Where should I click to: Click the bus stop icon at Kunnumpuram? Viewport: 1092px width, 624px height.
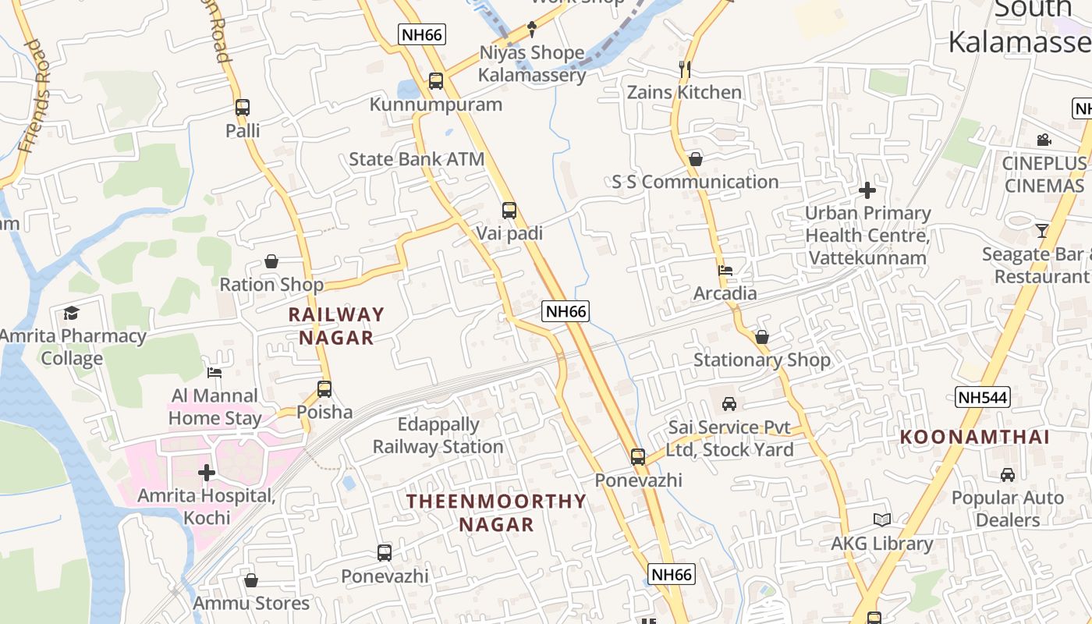pyautogui.click(x=436, y=80)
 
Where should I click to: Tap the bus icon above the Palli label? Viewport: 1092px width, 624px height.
pyautogui.click(x=243, y=108)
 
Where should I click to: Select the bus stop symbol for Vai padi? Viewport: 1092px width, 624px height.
pyautogui.click(x=509, y=210)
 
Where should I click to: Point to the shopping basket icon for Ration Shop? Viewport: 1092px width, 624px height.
pyautogui.click(x=271, y=261)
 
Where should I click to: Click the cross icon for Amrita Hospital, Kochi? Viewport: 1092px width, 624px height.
pyautogui.click(x=207, y=473)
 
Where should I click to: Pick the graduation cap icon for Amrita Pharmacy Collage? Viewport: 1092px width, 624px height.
pyautogui.click(x=72, y=313)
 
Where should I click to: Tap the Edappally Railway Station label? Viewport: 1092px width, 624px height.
pyautogui.click(x=438, y=436)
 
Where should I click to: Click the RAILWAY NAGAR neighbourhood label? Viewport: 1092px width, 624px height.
pyautogui.click(x=337, y=326)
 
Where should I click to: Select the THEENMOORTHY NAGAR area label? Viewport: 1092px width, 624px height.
pyautogui.click(x=496, y=512)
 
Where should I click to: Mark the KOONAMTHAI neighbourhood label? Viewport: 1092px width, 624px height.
pyautogui.click(x=975, y=437)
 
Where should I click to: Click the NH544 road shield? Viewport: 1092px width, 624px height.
pyautogui.click(x=983, y=397)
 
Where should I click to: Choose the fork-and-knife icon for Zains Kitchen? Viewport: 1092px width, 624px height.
pyautogui.click(x=685, y=69)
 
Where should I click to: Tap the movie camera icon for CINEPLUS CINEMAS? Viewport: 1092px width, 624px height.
pyautogui.click(x=1044, y=140)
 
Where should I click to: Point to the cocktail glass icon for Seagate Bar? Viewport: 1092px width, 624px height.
pyautogui.click(x=1042, y=230)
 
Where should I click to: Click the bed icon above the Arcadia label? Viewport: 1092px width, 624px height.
pyautogui.click(x=725, y=271)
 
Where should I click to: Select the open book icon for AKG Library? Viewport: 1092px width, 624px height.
pyautogui.click(x=882, y=520)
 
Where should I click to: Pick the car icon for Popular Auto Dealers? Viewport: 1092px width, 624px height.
pyautogui.click(x=1008, y=474)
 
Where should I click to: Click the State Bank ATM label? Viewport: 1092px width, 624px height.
pyautogui.click(x=417, y=159)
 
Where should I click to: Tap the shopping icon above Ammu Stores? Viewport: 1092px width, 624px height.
pyautogui.click(x=251, y=580)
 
